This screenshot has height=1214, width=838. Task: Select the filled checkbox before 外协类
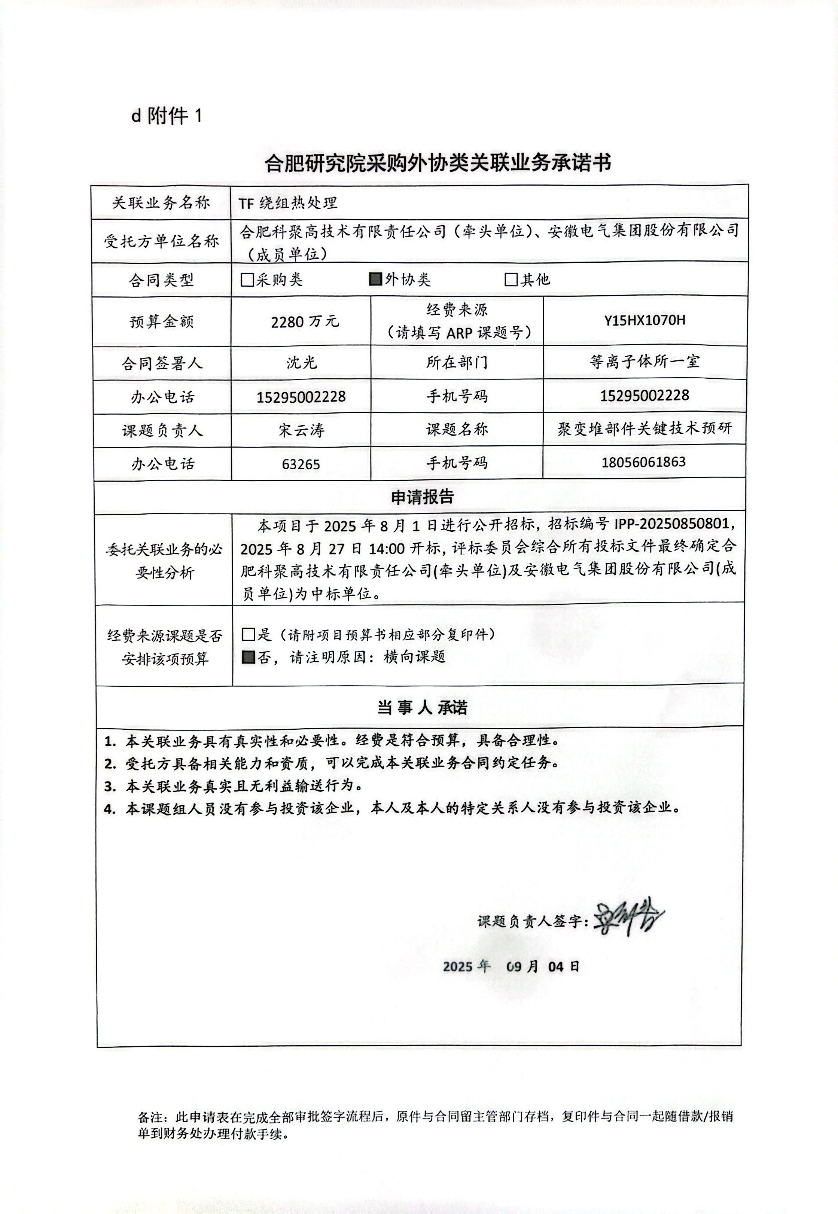click(375, 279)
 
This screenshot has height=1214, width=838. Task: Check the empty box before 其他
click(511, 279)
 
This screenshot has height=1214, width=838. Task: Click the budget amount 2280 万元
click(305, 321)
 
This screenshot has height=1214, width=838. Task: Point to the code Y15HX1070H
click(645, 320)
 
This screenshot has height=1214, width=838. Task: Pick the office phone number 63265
click(301, 464)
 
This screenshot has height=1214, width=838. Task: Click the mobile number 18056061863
click(644, 462)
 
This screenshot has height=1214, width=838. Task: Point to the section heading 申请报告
click(422, 497)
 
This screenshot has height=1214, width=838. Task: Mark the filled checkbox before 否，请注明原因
click(249, 657)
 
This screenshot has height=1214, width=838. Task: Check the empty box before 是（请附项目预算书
click(249, 635)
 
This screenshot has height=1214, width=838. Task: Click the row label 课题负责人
click(162, 431)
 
